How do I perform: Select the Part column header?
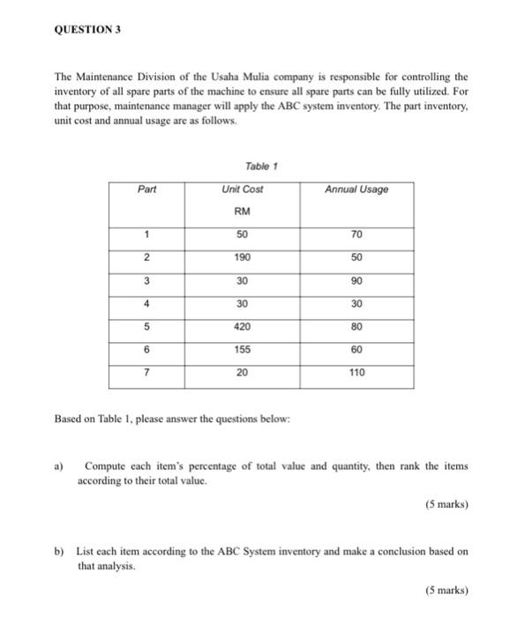click(147, 189)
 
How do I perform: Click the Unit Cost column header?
click(243, 189)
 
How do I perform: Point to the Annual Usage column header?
click(356, 189)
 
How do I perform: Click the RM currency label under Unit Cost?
click(243, 212)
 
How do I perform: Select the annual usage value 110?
click(356, 373)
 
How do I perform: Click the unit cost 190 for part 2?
click(243, 256)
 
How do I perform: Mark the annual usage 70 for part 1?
click(356, 235)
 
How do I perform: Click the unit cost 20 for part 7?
click(243, 373)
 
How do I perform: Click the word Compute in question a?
click(106, 465)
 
